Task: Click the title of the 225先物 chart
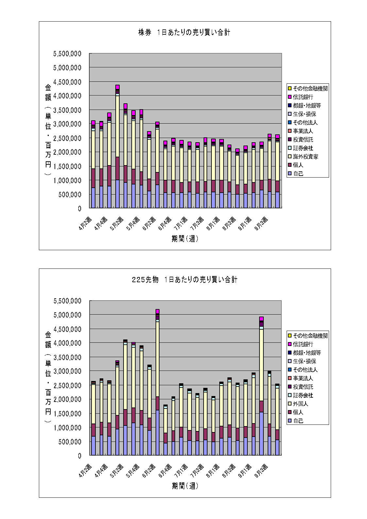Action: (x=185, y=280)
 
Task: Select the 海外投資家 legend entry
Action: (x=305, y=157)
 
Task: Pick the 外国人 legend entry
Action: (x=300, y=404)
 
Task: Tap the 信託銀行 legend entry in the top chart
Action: (x=303, y=97)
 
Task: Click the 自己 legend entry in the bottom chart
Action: (x=298, y=421)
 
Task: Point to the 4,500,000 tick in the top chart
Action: (x=67, y=82)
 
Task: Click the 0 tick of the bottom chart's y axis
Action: (x=79, y=456)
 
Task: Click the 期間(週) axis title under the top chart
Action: (x=185, y=239)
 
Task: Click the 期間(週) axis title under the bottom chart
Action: (x=185, y=486)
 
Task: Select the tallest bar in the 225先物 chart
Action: (x=158, y=382)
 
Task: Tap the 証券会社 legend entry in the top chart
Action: (x=303, y=148)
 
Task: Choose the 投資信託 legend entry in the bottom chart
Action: (x=303, y=387)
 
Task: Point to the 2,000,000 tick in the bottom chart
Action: (x=67, y=399)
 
